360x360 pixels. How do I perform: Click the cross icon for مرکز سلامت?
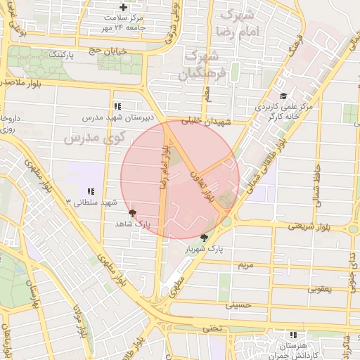(124, 7)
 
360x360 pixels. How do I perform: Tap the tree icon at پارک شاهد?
(133, 212)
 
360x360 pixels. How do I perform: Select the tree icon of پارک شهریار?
(204, 238)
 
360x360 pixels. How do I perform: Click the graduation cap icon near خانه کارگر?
(283, 96)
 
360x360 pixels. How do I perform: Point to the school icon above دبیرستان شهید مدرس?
(116, 105)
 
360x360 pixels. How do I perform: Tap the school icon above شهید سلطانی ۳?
(91, 191)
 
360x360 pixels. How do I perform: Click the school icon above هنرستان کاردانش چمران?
(293, 335)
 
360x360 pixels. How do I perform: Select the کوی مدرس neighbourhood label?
(94, 139)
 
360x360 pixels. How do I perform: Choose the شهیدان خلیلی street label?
(206, 121)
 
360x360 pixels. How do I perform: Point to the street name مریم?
(245, 266)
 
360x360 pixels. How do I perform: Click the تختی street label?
(212, 328)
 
